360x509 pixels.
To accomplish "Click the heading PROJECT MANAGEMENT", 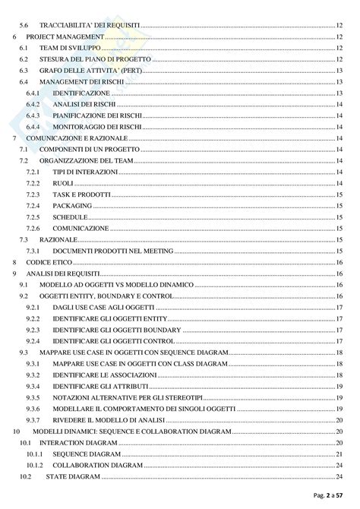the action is pyautogui.click(x=64, y=36).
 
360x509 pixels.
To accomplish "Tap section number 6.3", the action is pyautogui.click(x=24, y=70).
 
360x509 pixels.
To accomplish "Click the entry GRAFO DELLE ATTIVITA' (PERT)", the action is pyautogui.click(x=85, y=70).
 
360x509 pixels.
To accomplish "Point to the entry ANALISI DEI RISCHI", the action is pyautogui.click(x=84, y=104).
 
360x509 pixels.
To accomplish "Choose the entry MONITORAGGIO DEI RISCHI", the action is pyautogui.click(x=94, y=127).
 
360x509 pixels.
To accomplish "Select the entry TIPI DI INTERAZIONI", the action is pyautogui.click(x=85, y=172).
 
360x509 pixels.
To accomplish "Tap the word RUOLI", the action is pyautogui.click(x=63, y=184).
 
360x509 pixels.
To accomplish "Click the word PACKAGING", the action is pyautogui.click(x=71, y=206).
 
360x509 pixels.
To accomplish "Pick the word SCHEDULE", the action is pyautogui.click(x=70, y=217).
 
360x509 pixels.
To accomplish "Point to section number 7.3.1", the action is pyautogui.click(x=33, y=251).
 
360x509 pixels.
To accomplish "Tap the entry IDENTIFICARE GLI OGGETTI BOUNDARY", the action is pyautogui.click(x=117, y=330).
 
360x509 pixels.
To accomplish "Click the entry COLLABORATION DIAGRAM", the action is pyautogui.click(x=96, y=464).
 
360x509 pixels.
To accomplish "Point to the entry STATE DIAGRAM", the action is pyautogui.click(x=72, y=476).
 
